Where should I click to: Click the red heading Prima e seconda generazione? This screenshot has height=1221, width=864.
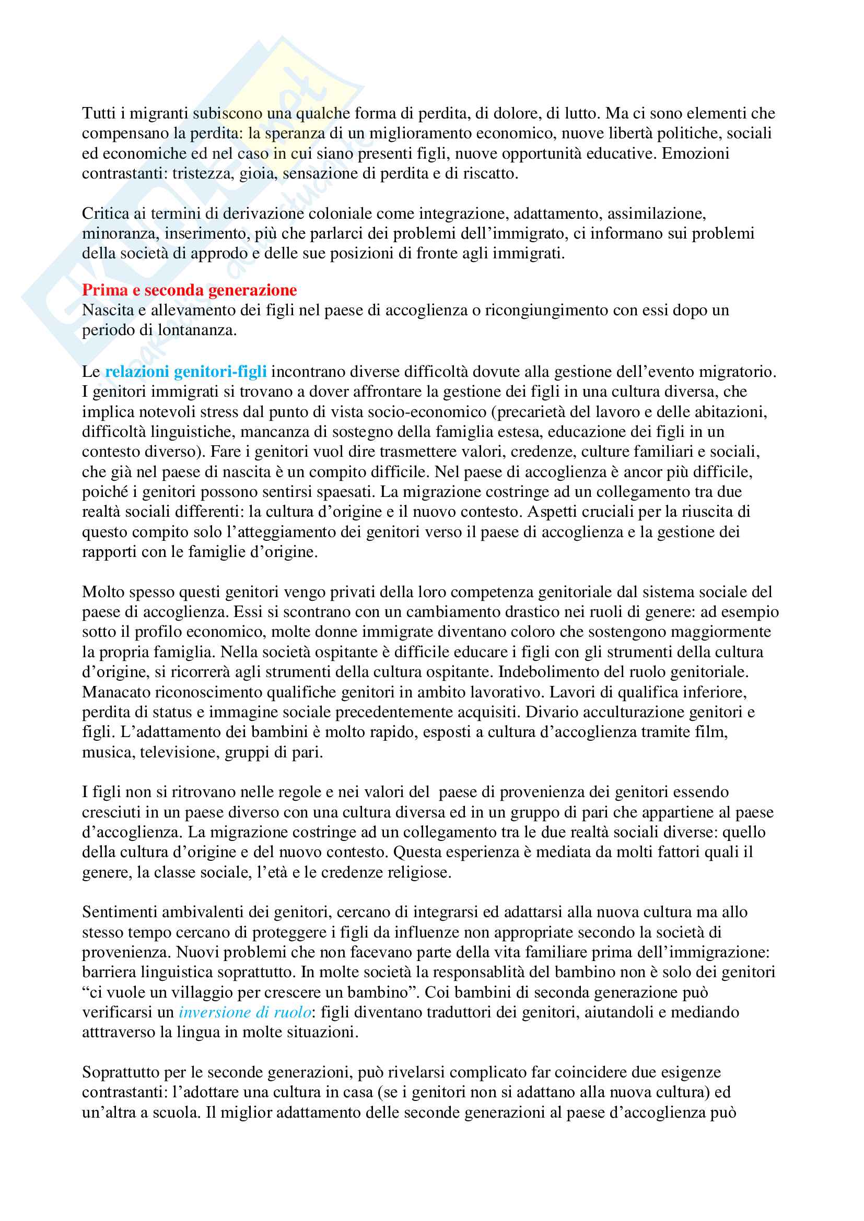coord(189,290)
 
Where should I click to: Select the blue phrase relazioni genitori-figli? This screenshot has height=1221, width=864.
coord(185,372)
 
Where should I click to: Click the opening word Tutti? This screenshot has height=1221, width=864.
coord(98,113)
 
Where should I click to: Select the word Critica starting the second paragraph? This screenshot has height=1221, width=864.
coord(105,214)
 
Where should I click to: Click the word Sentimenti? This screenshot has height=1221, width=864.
coord(119,912)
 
